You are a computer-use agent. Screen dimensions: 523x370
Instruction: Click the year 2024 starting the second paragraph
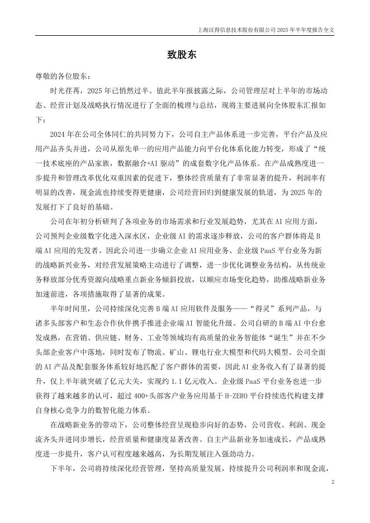coord(58,134)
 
